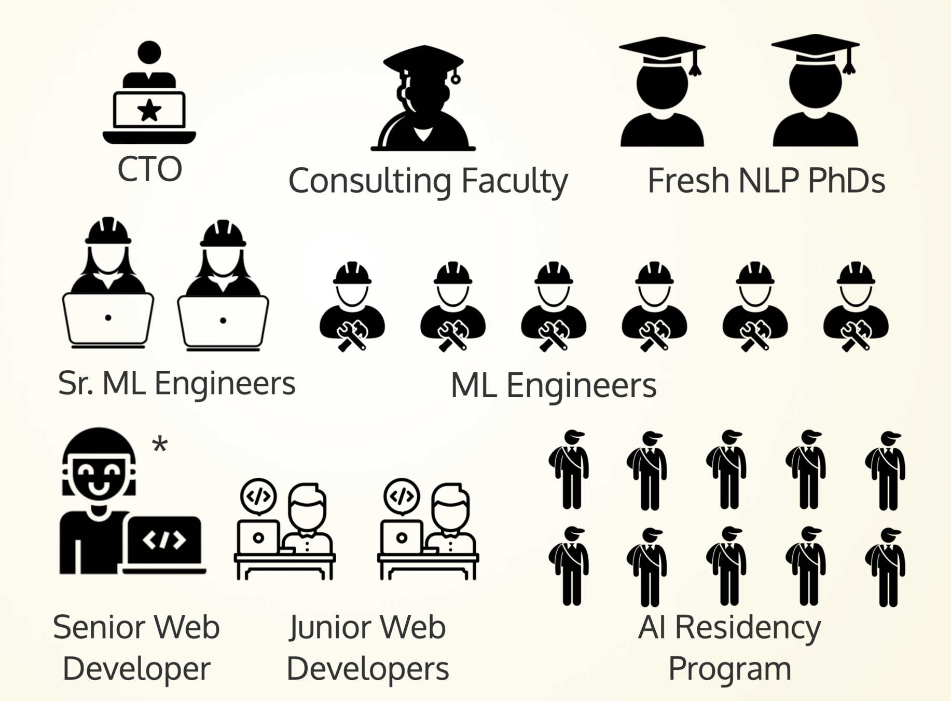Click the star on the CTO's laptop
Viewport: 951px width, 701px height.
pyautogui.click(x=149, y=110)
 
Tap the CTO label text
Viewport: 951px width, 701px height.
pyautogui.click(x=149, y=169)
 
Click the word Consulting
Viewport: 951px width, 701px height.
pyautogui.click(x=369, y=181)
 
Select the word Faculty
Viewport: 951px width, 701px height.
pyautogui.click(x=514, y=181)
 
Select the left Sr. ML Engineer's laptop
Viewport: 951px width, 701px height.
pyautogui.click(x=108, y=319)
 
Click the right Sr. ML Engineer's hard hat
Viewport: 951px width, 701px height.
pyautogui.click(x=223, y=234)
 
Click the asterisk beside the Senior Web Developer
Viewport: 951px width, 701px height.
pyautogui.click(x=160, y=445)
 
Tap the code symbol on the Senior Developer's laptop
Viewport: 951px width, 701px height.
pyautogui.click(x=164, y=540)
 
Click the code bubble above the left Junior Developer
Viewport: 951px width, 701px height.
pyautogui.click(x=258, y=496)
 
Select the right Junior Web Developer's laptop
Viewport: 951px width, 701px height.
pyautogui.click(x=401, y=538)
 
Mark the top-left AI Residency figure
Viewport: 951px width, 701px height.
pyautogui.click(x=570, y=469)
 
